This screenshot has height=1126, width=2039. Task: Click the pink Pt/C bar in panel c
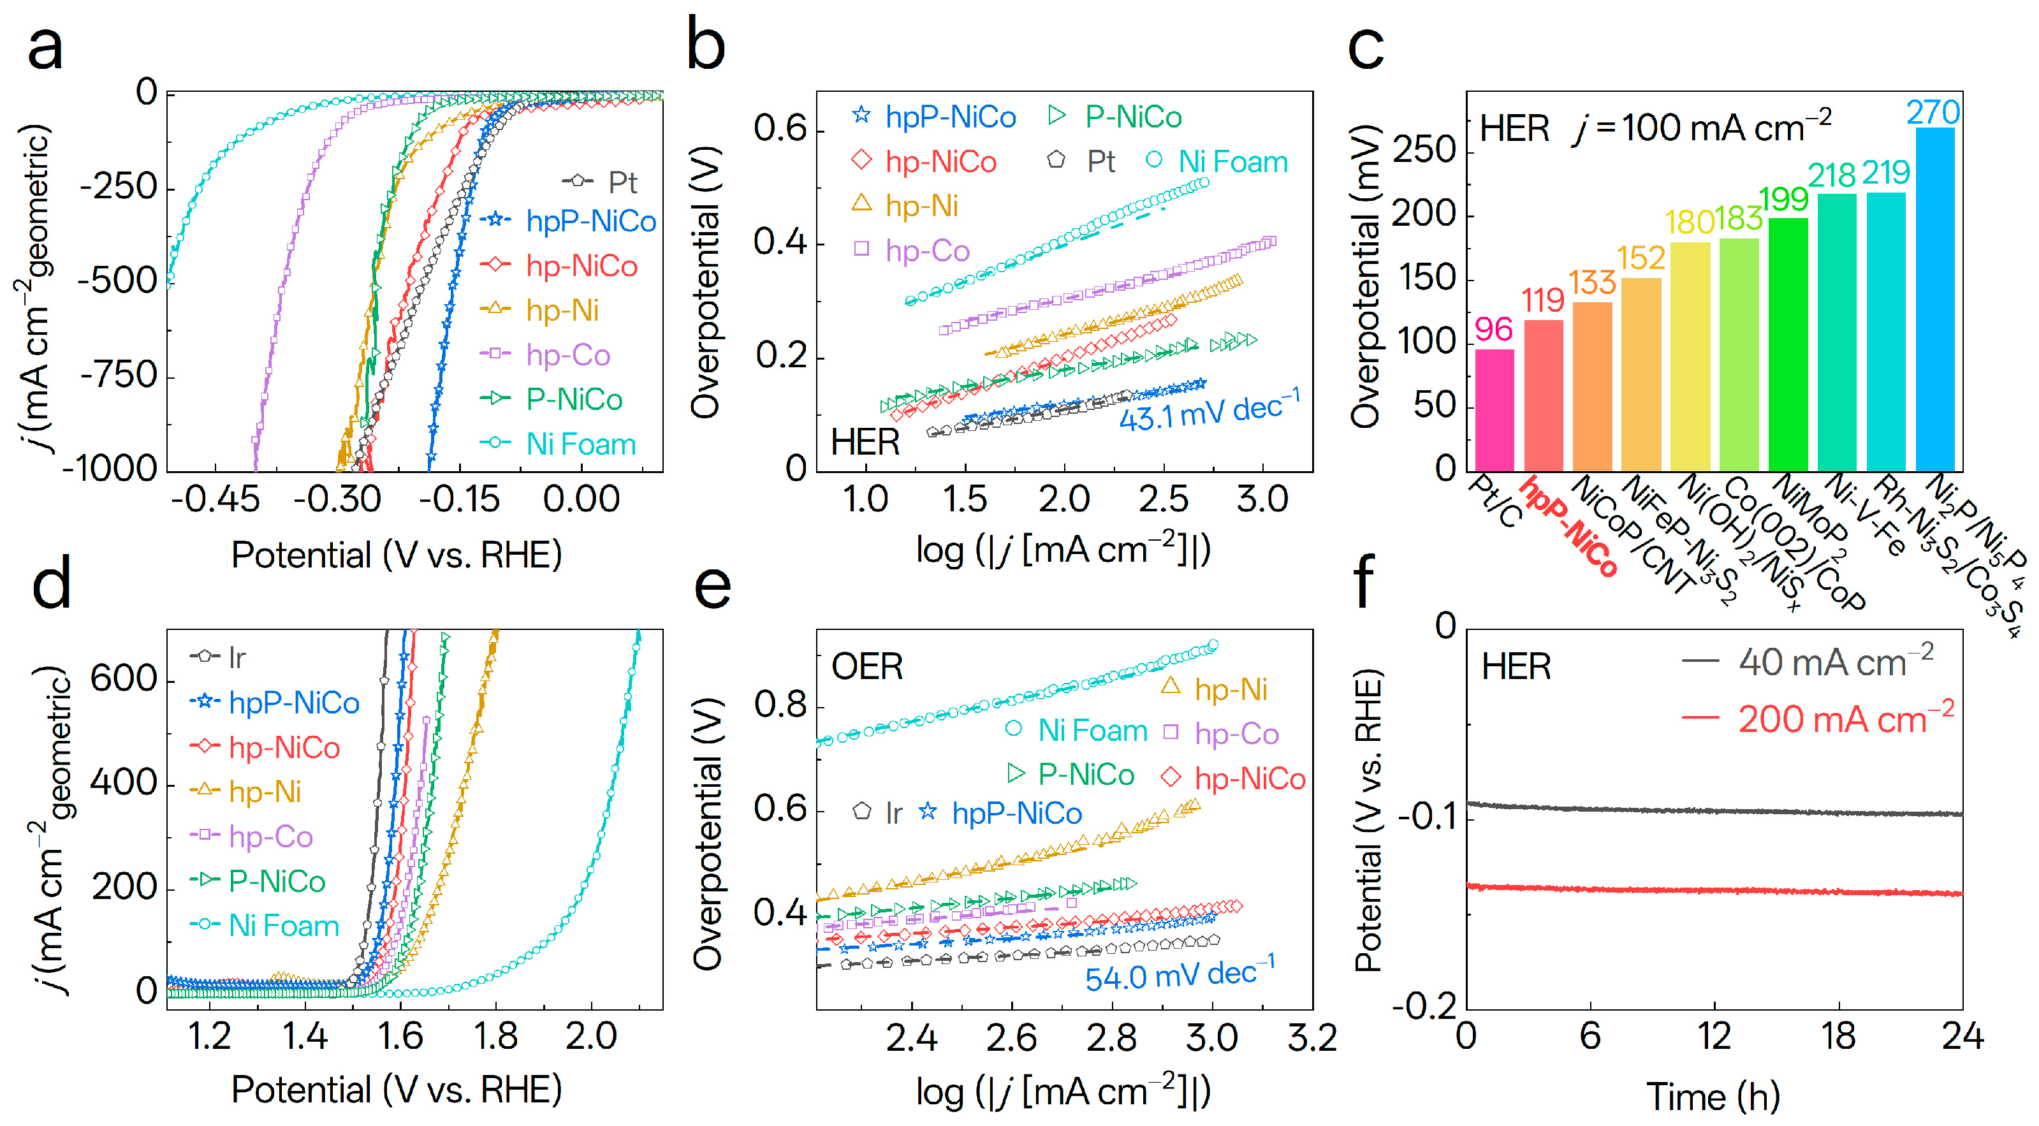(1494, 410)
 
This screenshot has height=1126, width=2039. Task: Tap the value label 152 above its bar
(1641, 258)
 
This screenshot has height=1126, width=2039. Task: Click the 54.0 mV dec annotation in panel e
(1180, 975)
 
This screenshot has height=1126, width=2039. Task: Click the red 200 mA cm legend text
(1845, 719)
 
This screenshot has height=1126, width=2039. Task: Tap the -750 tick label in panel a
(119, 374)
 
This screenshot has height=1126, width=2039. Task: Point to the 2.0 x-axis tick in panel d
(590, 1037)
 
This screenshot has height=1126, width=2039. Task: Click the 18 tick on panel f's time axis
(1838, 1037)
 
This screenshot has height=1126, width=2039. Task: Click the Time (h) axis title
(1713, 1097)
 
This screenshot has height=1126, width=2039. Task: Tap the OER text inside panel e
(866, 666)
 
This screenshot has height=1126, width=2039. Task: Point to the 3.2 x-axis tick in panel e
(1312, 1037)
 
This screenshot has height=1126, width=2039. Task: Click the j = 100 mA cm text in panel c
(1702, 128)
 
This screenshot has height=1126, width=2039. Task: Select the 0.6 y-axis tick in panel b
(779, 129)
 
